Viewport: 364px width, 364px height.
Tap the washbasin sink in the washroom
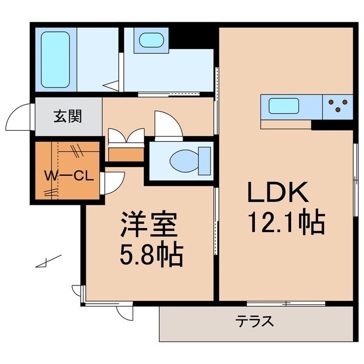[x=151, y=40]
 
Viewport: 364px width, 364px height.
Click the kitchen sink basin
[x=284, y=106]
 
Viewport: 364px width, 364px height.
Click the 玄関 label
[x=68, y=117]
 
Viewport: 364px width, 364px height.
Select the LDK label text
[x=277, y=193]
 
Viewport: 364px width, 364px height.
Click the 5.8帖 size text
[x=150, y=256]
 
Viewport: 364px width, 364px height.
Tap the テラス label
[x=255, y=322]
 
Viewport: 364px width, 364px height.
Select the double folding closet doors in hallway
[x=126, y=137]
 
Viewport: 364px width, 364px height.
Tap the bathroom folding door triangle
[x=112, y=85]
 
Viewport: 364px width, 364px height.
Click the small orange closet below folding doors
[x=126, y=154]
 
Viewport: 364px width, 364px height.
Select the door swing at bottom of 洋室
[x=125, y=312]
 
